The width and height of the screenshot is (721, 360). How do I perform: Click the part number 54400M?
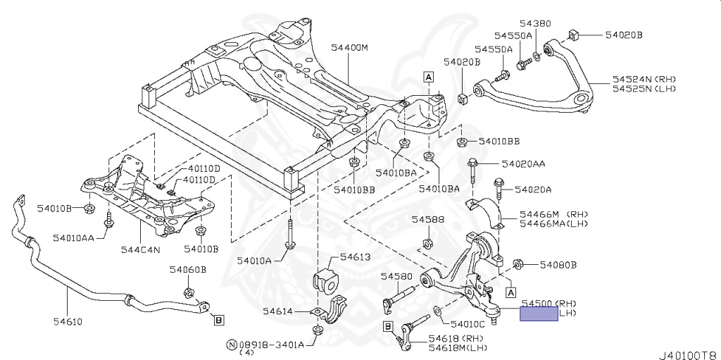(x=350, y=49)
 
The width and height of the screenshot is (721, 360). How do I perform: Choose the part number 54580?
(x=396, y=276)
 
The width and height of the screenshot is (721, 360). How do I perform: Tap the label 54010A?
(x=254, y=261)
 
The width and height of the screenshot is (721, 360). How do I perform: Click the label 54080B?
(x=558, y=266)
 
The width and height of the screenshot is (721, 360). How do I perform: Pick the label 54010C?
(x=468, y=325)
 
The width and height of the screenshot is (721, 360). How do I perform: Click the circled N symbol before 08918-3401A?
(x=231, y=345)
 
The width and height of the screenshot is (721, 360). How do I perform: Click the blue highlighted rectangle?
(x=539, y=314)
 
